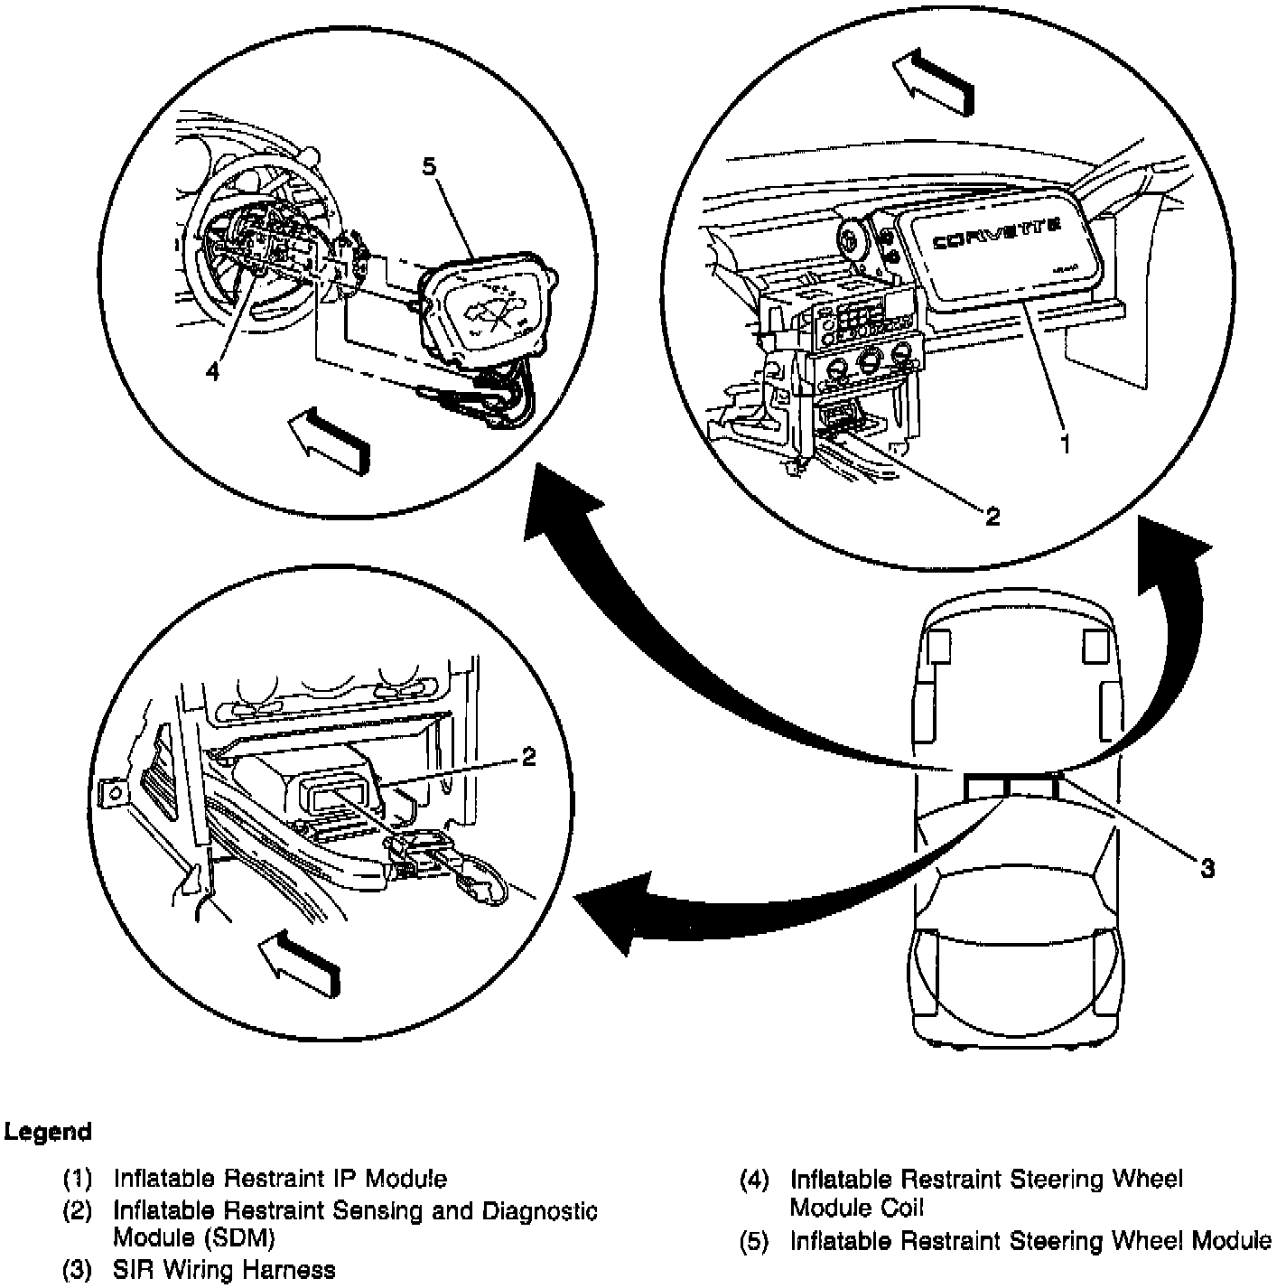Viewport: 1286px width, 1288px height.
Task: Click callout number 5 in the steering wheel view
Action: tap(429, 166)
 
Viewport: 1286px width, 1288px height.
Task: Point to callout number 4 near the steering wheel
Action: tap(211, 371)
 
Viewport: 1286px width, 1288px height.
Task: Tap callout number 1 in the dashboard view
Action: tap(1066, 443)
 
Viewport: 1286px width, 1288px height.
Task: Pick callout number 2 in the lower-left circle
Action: tap(529, 756)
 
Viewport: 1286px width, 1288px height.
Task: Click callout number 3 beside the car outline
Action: tap(1207, 868)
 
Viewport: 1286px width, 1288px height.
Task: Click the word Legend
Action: tap(48, 1132)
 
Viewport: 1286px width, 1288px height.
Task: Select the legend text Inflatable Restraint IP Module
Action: tap(280, 1178)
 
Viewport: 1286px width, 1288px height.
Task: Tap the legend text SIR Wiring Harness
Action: tap(224, 1270)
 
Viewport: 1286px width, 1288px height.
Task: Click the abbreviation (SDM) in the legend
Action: tap(239, 1237)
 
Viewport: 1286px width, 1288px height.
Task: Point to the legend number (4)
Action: tap(754, 1179)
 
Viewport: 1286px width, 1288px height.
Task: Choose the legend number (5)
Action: tap(754, 1241)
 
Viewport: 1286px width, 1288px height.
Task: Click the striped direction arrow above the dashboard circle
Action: tap(935, 82)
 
